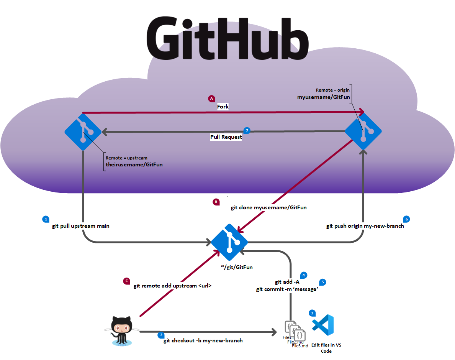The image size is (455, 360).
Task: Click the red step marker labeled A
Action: [x=211, y=99]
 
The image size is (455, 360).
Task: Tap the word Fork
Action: [x=223, y=107]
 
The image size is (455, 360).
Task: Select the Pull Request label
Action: [x=226, y=137]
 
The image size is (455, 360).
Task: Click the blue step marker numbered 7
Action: [x=247, y=130]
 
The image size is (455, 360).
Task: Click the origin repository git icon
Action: [x=363, y=132]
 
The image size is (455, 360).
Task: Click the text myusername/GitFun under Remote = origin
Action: [x=323, y=97]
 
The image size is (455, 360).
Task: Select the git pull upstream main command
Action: [x=81, y=226]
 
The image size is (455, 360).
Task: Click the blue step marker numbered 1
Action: [x=46, y=219]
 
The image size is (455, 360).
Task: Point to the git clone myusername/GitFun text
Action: [x=268, y=207]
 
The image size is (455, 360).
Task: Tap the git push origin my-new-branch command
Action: [x=365, y=226]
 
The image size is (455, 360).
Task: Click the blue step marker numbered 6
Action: [x=407, y=219]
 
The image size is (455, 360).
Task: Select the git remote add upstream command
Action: [x=172, y=286]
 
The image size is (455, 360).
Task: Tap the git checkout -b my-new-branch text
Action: [x=203, y=340]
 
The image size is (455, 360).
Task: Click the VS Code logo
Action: [x=323, y=325]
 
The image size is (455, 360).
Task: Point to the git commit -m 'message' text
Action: [x=287, y=289]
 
